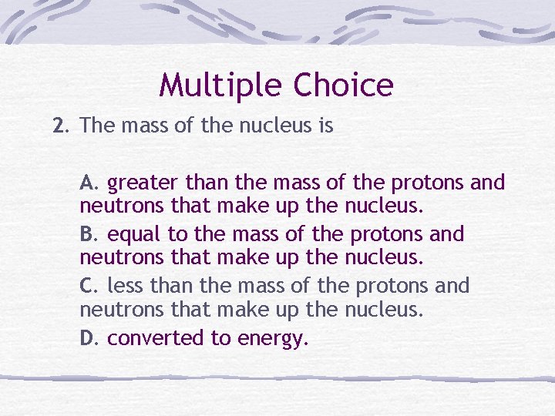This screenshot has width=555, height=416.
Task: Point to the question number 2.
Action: [x=59, y=126]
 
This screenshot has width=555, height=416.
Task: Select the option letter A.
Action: [x=89, y=183]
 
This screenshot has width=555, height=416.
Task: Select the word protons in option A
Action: [x=428, y=183]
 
